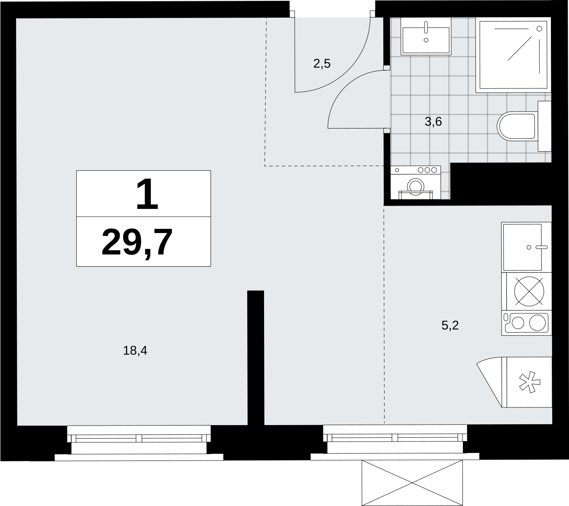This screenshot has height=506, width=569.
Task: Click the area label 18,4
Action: pos(135,351)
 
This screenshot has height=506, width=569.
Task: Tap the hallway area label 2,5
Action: pos(322,64)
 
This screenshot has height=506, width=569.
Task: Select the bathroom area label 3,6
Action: pos(433,122)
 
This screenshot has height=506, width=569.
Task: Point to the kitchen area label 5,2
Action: pos(450,325)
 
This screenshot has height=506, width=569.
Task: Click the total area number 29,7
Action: pos(137,242)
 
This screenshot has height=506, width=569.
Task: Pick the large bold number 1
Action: pos(147,194)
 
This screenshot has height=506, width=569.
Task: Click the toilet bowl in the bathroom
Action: pos(517,126)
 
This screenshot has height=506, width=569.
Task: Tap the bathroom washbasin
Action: pos(426,36)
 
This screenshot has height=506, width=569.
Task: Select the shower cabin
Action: pos(513,55)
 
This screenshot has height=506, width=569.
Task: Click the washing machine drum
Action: pos(416,186)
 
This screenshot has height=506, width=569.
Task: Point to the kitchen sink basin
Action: pos(522,247)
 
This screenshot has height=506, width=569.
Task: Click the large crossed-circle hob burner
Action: pos(529,292)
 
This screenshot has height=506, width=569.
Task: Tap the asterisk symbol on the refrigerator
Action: pos(530,382)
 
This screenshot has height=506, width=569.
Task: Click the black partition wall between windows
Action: pos(256,358)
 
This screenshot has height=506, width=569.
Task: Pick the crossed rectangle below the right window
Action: pos(412,483)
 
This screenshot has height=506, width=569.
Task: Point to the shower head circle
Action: pos(539,29)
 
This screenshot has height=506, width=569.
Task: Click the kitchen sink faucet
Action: pos(542,247)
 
